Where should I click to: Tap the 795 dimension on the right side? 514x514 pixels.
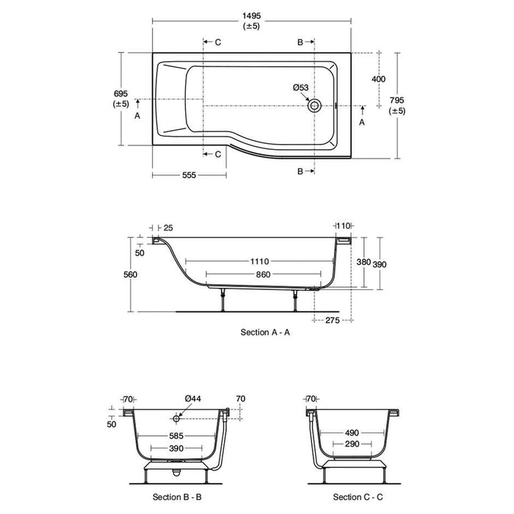[397, 100]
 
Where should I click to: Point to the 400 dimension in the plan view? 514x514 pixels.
[379, 79]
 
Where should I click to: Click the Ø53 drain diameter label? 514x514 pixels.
[300, 87]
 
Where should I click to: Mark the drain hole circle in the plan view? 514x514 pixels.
[316, 104]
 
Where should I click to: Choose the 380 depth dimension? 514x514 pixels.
[363, 261]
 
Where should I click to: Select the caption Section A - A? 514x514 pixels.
[265, 333]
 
